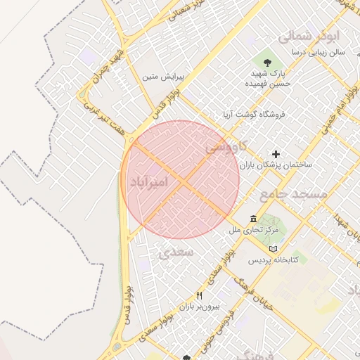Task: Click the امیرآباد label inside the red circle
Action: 149,183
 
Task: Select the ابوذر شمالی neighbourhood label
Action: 309,35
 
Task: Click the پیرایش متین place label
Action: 163,75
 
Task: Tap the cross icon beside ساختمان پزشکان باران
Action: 276,154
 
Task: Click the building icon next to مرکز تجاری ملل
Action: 253,219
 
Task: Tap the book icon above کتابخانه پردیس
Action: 274,249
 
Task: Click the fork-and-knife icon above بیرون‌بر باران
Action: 199,296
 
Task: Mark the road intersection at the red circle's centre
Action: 180,180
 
